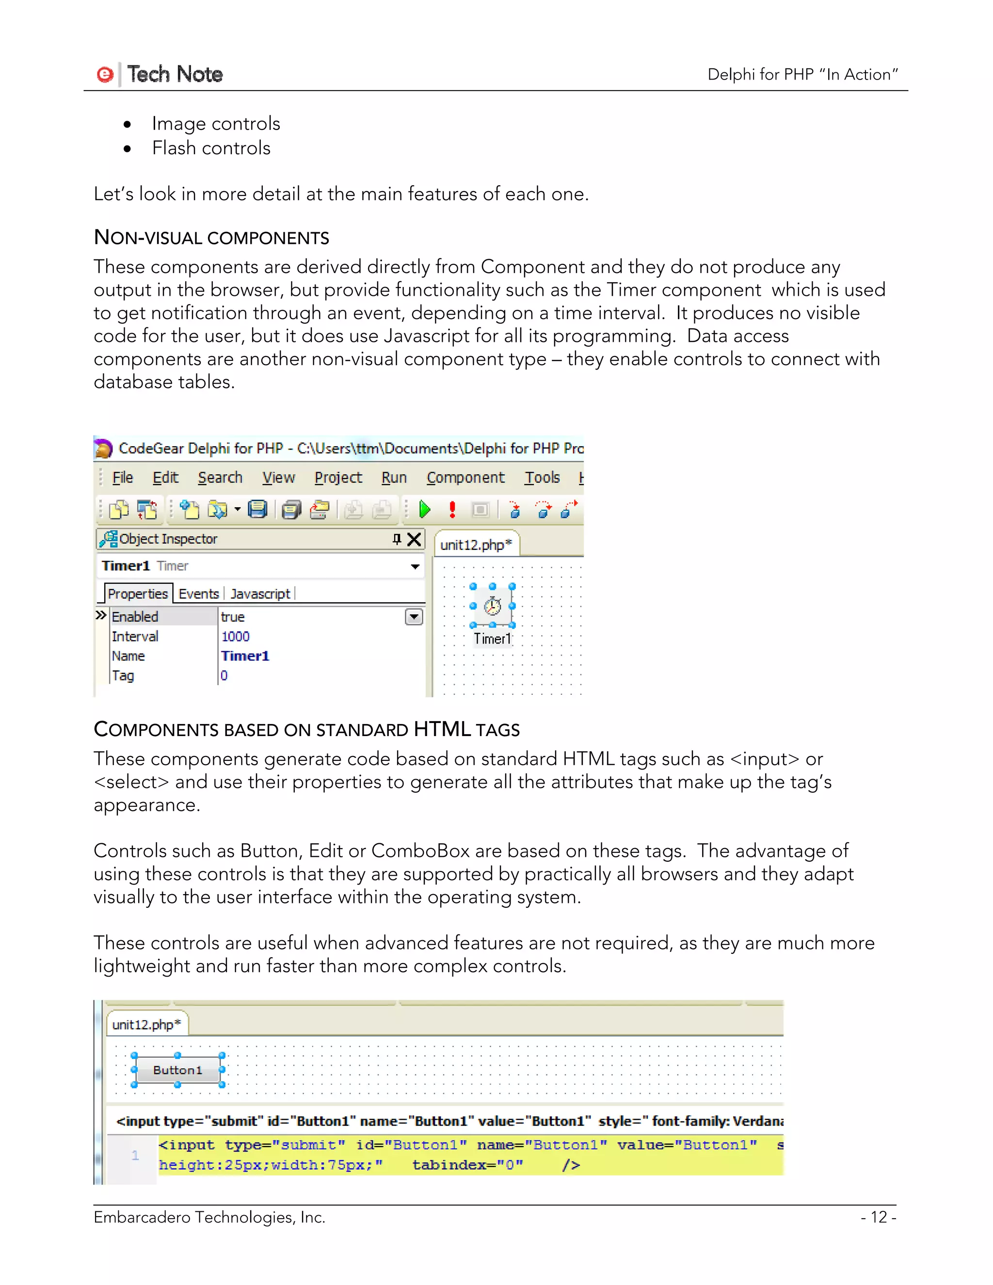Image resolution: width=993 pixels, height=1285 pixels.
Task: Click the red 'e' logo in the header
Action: (105, 75)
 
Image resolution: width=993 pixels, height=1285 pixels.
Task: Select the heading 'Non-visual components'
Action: (211, 238)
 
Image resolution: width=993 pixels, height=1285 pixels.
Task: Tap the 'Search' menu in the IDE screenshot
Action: (220, 478)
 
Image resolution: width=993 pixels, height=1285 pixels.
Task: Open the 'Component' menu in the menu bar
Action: (465, 478)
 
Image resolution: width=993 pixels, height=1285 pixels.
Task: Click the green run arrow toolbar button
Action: (425, 510)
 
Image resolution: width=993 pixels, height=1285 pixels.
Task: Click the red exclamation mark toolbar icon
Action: (452, 510)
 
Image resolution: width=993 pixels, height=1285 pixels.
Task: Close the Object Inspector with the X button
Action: (414, 539)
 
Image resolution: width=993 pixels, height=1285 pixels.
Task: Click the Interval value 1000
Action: (235, 637)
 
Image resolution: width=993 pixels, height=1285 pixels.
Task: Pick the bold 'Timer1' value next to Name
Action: (245, 656)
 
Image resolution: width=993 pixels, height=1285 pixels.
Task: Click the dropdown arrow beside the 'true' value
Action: (414, 617)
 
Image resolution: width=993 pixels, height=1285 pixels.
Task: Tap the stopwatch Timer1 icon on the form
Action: (493, 606)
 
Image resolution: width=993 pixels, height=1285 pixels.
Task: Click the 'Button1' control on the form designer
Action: (177, 1070)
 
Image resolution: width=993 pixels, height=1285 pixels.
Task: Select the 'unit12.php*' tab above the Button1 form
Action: (146, 1025)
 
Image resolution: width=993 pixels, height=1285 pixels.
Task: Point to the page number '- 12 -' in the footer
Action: (878, 1217)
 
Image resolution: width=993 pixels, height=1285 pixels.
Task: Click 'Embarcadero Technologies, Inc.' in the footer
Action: (209, 1217)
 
